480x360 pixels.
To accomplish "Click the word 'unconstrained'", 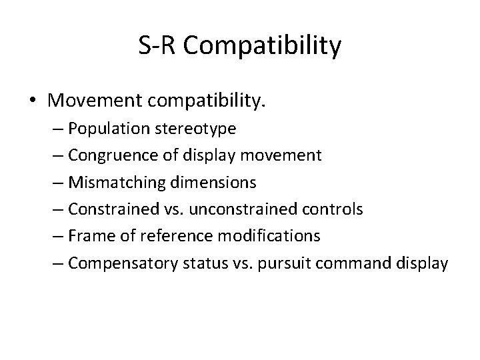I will (x=232, y=209).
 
